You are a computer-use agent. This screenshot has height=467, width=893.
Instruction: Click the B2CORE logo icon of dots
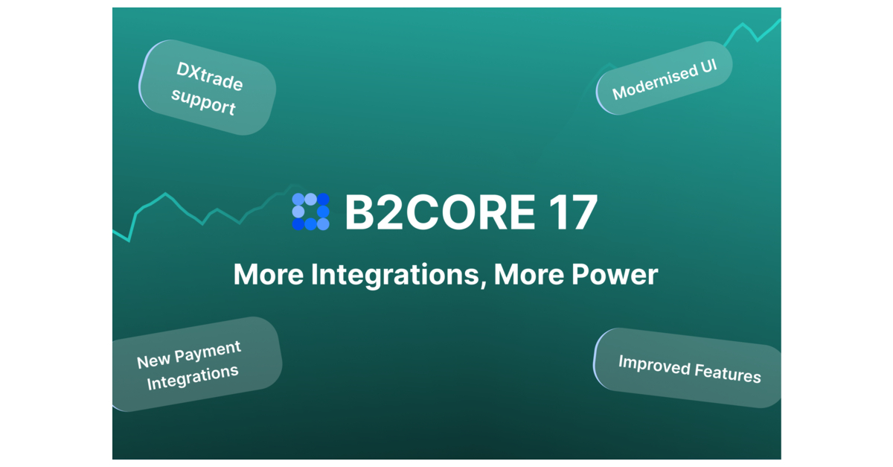310,212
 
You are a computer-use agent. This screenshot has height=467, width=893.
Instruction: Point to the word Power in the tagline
616,275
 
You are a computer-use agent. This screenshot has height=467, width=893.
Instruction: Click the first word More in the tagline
267,275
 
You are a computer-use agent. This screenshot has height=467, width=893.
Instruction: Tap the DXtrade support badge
207,88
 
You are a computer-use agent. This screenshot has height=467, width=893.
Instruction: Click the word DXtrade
210,76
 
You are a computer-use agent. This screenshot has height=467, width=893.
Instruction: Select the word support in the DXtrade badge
203,103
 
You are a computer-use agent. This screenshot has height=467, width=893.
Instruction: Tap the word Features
727,372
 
